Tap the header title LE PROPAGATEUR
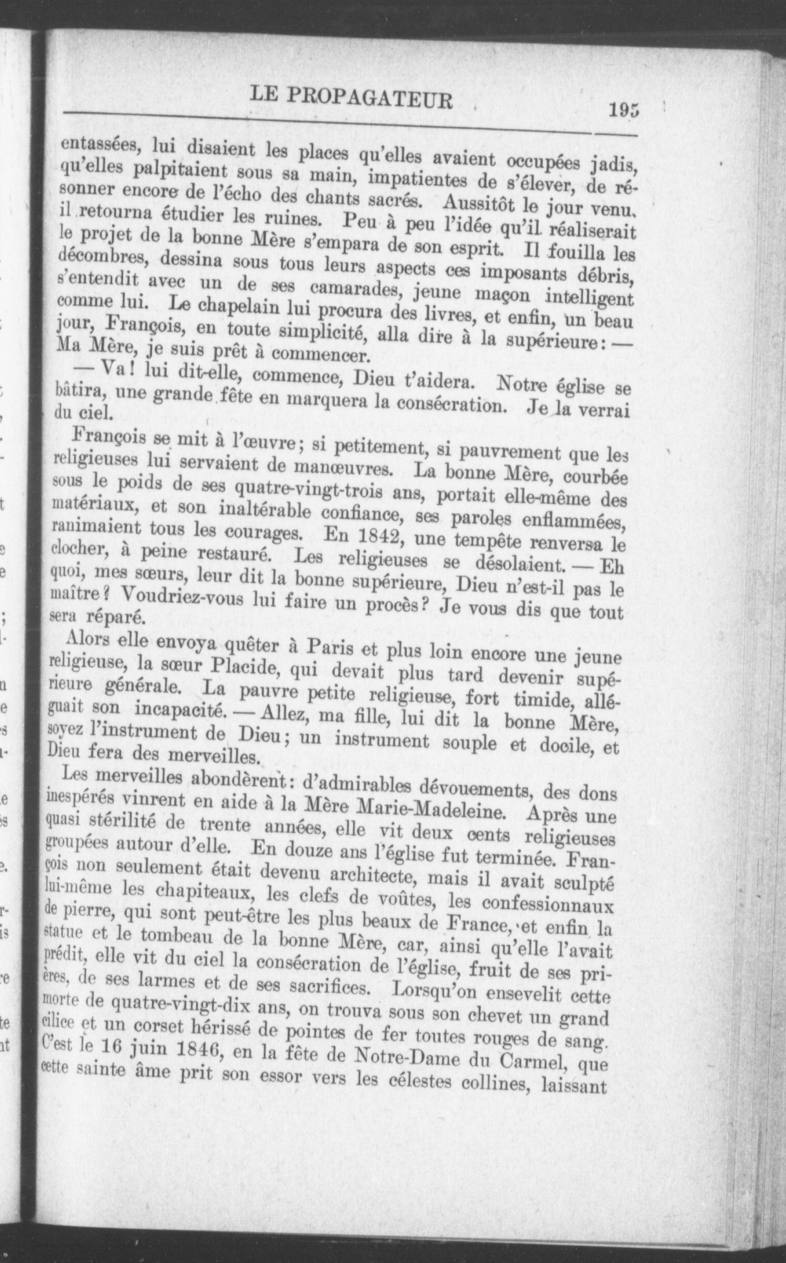coord(351,97)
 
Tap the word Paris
coord(329,649)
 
